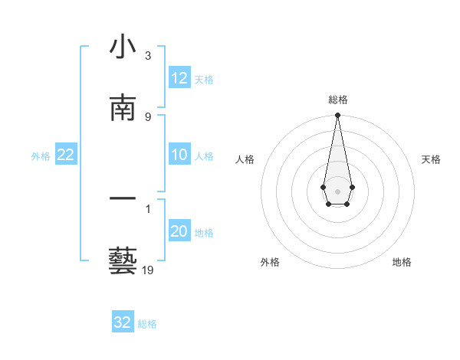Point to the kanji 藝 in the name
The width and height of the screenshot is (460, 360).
[123, 260]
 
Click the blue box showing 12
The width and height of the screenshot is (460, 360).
[179, 78]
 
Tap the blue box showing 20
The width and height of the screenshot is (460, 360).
[179, 232]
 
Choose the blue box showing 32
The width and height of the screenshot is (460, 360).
[123, 322]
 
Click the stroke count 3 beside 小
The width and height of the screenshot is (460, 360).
[148, 56]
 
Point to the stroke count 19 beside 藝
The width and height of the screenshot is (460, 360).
[148, 270]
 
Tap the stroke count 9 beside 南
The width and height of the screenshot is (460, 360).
[148, 116]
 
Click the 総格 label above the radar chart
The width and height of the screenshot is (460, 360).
[338, 100]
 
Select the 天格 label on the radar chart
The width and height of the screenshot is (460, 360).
[431, 159]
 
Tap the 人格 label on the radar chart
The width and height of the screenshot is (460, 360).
[245, 159]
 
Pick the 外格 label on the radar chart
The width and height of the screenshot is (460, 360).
[270, 262]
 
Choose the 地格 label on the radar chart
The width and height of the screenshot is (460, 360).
[402, 262]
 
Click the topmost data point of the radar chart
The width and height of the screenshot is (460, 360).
[337, 116]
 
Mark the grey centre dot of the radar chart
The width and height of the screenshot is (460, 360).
[337, 190]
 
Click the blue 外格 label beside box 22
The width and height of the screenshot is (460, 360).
[41, 156]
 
